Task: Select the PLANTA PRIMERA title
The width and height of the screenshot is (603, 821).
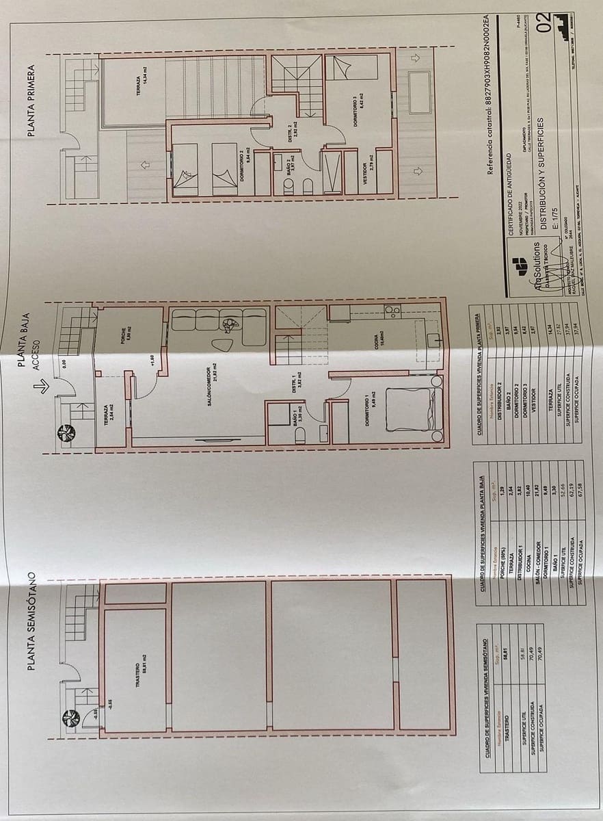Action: point(32,101)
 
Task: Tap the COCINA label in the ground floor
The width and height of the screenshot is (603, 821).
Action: point(376,349)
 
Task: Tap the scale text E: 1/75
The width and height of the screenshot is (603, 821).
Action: point(555,221)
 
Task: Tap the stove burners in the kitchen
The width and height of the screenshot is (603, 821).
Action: point(392,312)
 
